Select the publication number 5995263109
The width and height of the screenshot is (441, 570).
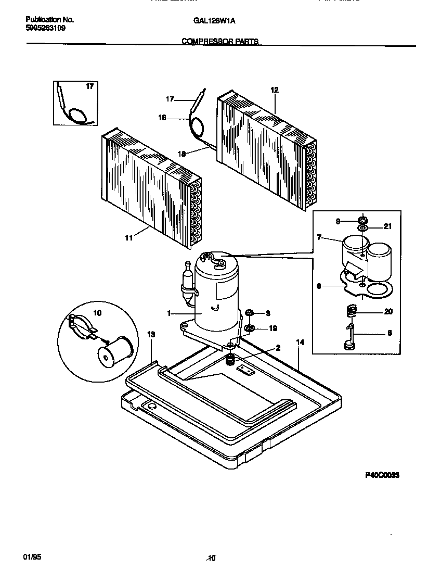click(x=46, y=29)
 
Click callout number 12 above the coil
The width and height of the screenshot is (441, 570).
click(x=275, y=90)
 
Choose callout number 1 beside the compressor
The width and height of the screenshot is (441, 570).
click(x=169, y=313)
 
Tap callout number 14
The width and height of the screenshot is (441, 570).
click(x=300, y=343)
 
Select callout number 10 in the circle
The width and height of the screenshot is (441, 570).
click(x=97, y=313)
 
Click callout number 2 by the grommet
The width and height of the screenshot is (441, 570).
click(x=278, y=348)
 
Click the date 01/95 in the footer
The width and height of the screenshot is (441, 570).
click(x=32, y=556)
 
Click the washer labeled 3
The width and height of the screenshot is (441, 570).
click(x=250, y=313)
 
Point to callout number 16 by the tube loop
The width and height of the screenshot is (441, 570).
click(x=162, y=118)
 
